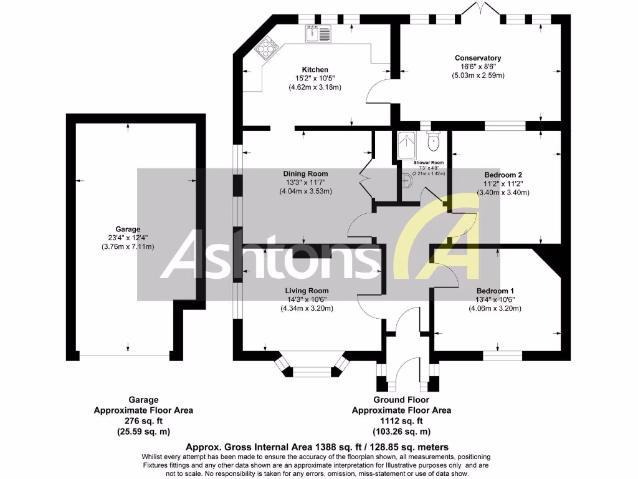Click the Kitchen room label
315,69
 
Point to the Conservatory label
478,58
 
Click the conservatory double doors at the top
480,11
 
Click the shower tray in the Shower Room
407,145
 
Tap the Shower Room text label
429,163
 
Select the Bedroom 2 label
503,175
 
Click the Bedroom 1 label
495,291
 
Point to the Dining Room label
305,174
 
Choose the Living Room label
307,291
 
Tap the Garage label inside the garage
128,229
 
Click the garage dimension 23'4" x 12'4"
128,238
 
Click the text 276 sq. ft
143,421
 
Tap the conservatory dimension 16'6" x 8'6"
478,67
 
